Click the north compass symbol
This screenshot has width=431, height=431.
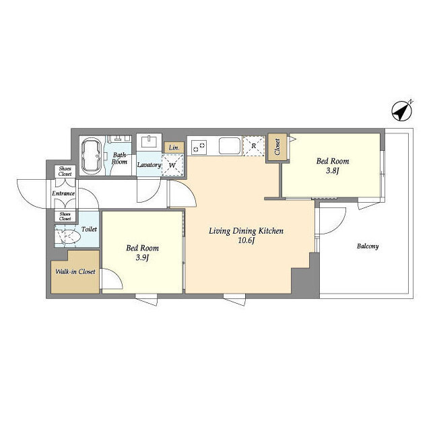[402, 111]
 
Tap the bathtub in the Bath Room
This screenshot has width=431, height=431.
[92, 156]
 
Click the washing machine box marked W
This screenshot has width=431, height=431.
[172, 165]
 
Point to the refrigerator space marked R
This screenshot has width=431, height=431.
[254, 146]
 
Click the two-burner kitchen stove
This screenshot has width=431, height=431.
[199, 147]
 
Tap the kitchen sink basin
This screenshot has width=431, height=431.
[230, 145]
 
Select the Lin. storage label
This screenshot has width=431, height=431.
[174, 148]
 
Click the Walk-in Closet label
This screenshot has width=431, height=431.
[75, 271]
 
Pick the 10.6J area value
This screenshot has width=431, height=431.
[246, 240]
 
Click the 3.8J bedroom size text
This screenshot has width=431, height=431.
[332, 170]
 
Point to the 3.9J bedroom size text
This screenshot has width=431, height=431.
[142, 257]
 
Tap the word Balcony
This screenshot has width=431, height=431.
[368, 246]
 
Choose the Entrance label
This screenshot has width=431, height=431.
[63, 193]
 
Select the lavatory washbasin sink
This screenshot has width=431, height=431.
[149, 142]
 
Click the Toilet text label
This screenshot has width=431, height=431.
[89, 229]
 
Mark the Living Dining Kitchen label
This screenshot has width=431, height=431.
[246, 231]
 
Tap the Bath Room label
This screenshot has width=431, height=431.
[120, 158]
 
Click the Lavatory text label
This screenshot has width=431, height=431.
[149, 165]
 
